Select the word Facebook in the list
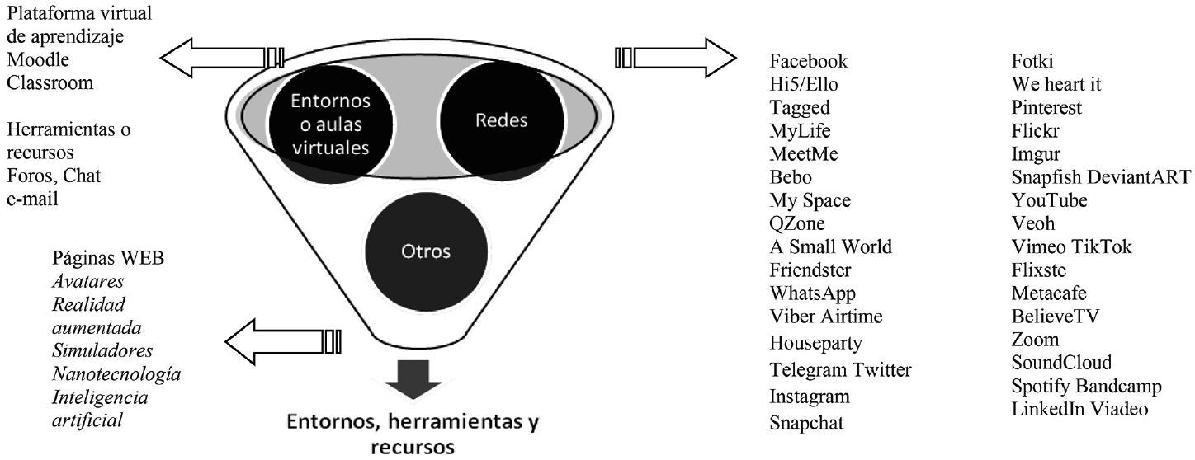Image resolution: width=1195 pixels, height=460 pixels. [808, 62]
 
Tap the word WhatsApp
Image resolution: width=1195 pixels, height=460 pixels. [812, 293]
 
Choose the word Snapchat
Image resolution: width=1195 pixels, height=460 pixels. [806, 424]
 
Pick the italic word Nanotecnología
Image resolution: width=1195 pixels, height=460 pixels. [116, 374]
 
